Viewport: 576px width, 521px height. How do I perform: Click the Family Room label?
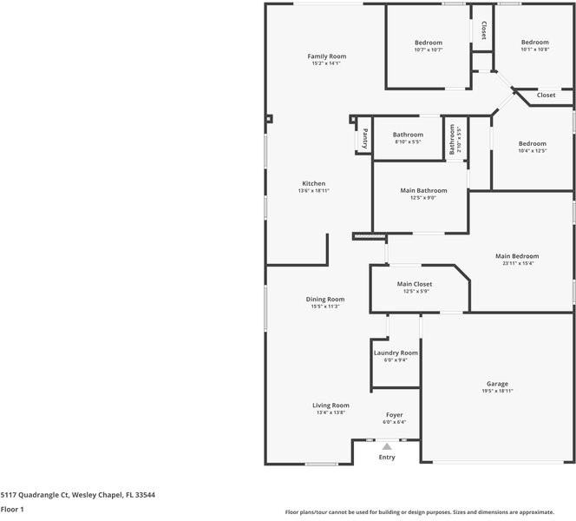coord(326,56)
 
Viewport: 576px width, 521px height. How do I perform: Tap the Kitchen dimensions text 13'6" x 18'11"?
coord(313,191)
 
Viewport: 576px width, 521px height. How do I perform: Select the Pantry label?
coord(365,138)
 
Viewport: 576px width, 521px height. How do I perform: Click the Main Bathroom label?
coord(423,190)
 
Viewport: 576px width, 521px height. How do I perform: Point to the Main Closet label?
coord(415,284)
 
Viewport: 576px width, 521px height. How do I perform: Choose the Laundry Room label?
coord(396,353)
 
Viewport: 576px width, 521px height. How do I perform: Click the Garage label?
coord(497,384)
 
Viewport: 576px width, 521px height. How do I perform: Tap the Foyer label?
coord(395,415)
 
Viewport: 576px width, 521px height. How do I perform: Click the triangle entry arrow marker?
coord(387,446)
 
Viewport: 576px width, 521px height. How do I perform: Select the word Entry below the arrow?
coord(387,458)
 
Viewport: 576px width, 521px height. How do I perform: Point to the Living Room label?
coord(331,406)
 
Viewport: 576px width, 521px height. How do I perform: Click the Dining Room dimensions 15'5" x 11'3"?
coord(325,307)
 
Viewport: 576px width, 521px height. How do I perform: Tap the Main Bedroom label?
coord(517,256)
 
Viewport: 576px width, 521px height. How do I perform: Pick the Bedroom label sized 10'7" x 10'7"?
coord(429,43)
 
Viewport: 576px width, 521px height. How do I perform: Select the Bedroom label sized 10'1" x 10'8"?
coord(534,43)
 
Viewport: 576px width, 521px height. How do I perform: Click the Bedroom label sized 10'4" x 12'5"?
coord(533,143)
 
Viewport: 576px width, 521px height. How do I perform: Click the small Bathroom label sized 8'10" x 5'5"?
coord(408,135)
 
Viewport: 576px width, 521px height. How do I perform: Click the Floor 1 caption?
coord(12,511)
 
